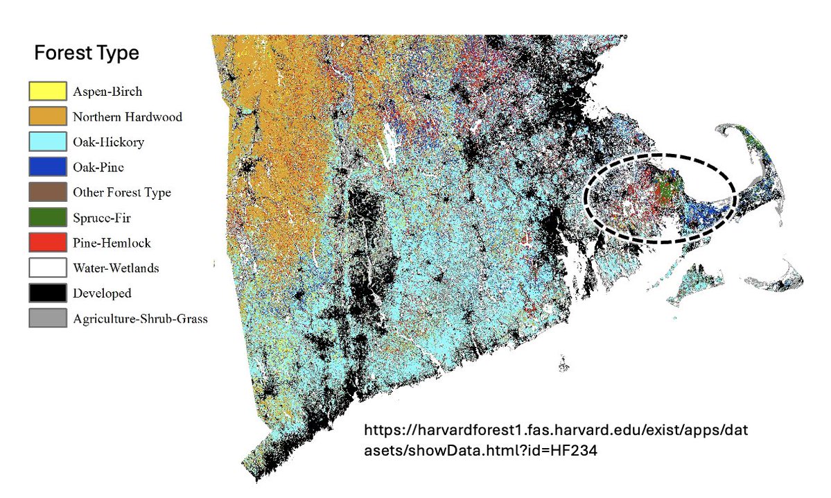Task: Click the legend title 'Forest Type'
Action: click(x=86, y=53)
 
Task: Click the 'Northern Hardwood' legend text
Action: click(x=128, y=117)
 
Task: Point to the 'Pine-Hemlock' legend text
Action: click(x=112, y=243)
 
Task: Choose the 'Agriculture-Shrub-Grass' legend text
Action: click(x=140, y=319)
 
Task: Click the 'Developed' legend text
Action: click(x=102, y=293)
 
